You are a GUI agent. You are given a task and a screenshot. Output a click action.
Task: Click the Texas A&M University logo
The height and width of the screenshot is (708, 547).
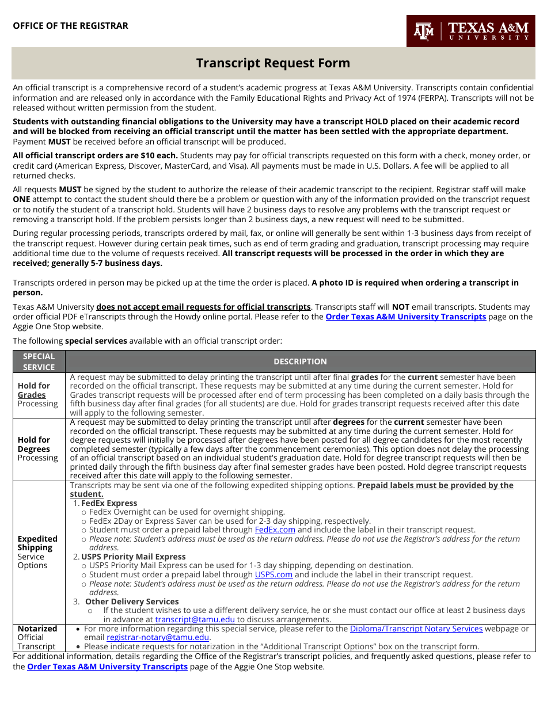pos(470,31)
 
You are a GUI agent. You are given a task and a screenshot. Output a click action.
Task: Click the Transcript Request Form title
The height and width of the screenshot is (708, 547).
pos(273,63)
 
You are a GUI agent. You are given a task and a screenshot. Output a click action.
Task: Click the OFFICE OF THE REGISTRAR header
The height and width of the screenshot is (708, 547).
pos(70,26)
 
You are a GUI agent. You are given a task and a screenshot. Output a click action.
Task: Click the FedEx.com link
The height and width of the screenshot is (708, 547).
pos(275,530)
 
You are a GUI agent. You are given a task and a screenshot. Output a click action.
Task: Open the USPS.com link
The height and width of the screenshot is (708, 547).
pos(273,574)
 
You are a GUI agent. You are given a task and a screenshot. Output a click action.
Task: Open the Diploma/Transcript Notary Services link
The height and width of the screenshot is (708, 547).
pos(416,629)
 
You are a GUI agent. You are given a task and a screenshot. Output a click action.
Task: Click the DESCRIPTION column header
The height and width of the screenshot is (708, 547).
pos(300,361)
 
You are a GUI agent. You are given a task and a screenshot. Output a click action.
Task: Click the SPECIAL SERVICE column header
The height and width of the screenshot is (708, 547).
pos(39,361)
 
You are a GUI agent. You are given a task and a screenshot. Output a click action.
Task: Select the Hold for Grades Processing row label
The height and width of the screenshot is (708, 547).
pos(38,395)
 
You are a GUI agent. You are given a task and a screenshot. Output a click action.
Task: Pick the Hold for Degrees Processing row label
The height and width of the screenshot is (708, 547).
pos(38,449)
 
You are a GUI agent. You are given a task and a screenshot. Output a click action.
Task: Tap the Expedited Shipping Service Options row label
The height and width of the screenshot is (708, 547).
pos(38,552)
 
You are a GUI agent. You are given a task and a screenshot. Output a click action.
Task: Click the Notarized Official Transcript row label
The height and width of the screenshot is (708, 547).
pos(38,637)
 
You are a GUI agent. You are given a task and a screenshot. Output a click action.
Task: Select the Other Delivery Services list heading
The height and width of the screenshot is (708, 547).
pos(132,602)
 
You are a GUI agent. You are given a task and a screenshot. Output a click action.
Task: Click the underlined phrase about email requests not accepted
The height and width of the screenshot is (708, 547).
pos(203,307)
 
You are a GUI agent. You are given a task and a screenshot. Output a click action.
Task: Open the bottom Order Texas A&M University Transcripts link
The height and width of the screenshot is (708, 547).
pos(107,667)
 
